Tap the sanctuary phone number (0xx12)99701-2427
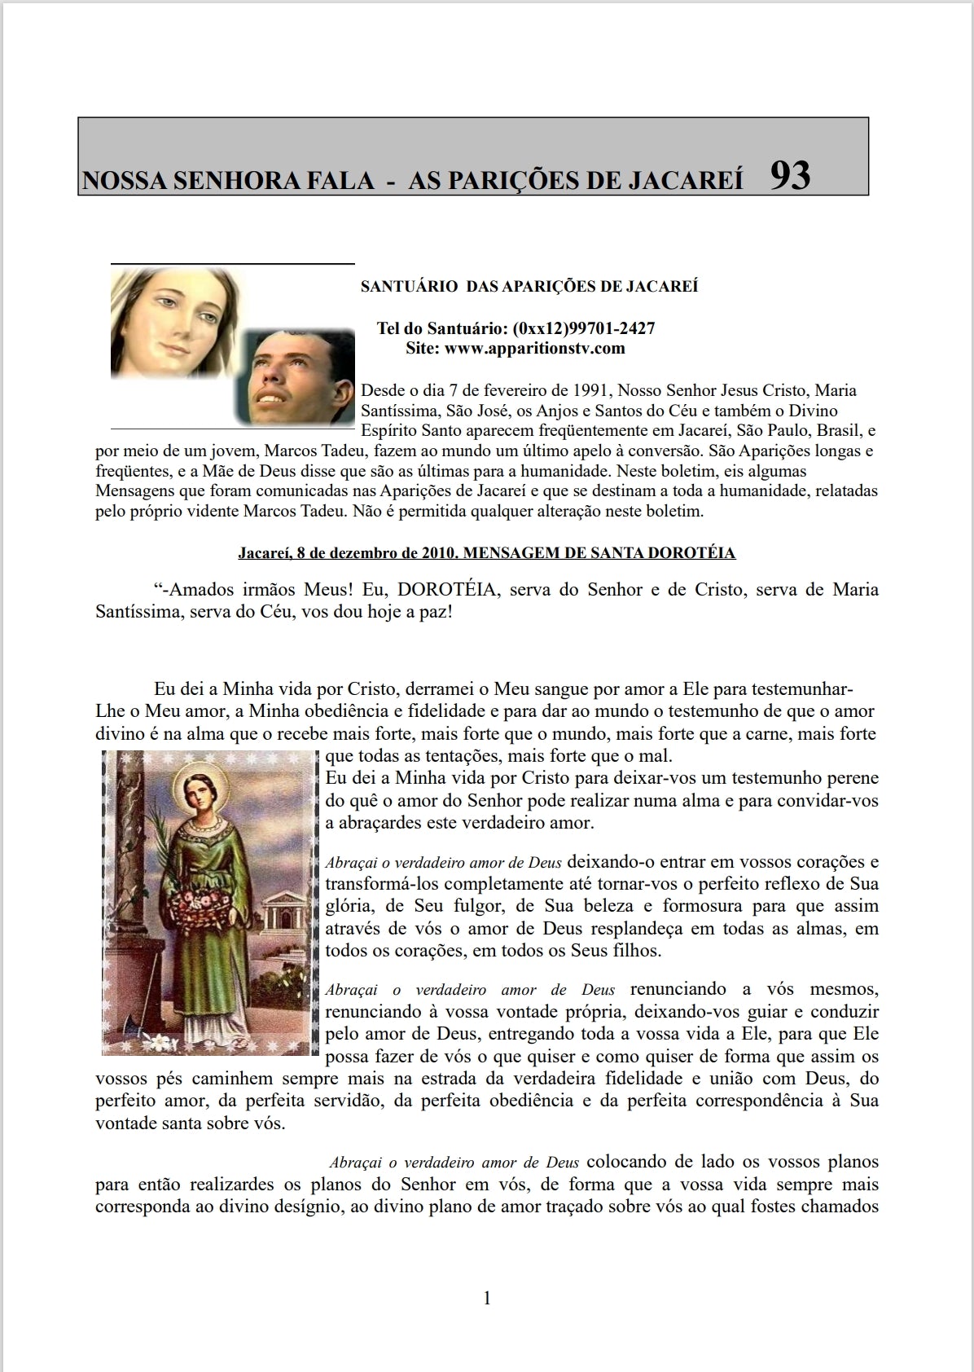point(584,328)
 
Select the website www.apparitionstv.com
point(535,349)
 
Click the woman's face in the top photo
point(175,322)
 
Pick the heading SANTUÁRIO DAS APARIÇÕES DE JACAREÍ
point(529,287)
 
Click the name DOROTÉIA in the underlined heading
point(690,553)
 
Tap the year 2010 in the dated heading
point(439,553)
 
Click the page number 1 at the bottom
point(487,1298)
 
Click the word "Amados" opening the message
point(201,590)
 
